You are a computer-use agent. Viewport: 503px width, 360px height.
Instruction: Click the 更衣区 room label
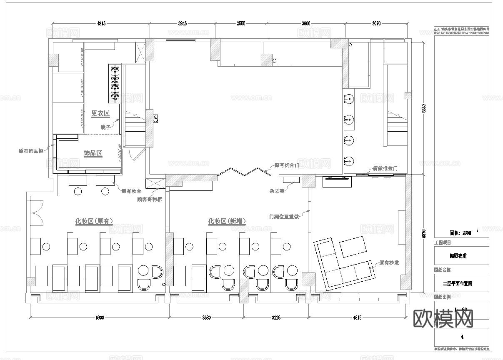(x=100, y=113)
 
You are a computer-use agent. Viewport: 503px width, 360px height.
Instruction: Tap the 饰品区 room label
(x=93, y=153)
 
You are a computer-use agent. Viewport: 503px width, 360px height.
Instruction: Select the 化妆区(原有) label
(x=94, y=221)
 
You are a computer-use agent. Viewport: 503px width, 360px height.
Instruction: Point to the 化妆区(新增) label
(x=227, y=221)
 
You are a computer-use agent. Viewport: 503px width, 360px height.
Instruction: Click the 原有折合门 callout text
(x=287, y=165)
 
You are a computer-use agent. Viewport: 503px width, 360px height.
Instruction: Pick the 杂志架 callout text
(x=277, y=191)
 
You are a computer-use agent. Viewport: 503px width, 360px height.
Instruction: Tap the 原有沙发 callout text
(x=389, y=263)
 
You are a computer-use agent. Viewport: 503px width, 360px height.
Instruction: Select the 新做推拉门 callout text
(x=385, y=169)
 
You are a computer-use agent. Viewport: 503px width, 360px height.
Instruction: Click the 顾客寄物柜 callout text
(x=150, y=199)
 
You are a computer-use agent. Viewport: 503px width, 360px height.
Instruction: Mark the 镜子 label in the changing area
(x=105, y=127)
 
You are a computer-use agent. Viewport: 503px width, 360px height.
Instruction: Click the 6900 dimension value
(x=100, y=317)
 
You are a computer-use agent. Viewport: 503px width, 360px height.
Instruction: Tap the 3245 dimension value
(x=182, y=23)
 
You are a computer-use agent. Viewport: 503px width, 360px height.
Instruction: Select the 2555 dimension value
(x=241, y=23)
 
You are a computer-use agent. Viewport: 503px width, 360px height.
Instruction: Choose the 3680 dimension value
(x=206, y=317)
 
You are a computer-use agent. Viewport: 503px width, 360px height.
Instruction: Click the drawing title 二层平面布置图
(x=460, y=283)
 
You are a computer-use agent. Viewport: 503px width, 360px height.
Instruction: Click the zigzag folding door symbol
(x=241, y=172)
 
